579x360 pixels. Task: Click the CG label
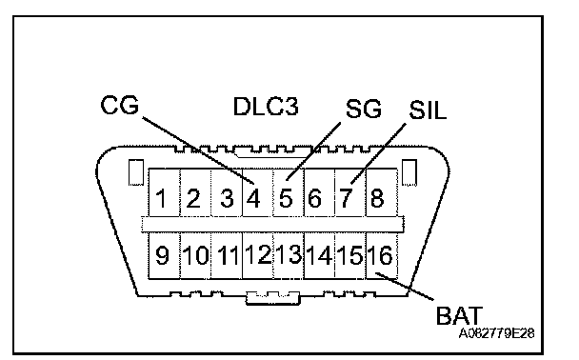pyautogui.click(x=120, y=105)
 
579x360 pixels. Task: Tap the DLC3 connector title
pyautogui.click(x=266, y=107)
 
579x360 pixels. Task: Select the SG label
pyautogui.click(x=364, y=109)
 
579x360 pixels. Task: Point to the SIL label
pyautogui.click(x=428, y=110)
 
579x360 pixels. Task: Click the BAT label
pyautogui.click(x=459, y=315)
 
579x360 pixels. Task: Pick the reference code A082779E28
pyautogui.click(x=496, y=333)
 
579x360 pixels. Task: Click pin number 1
pyautogui.click(x=161, y=198)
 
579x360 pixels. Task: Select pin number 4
pyautogui.click(x=253, y=198)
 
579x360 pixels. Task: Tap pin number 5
pyautogui.click(x=286, y=198)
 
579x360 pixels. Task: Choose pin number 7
pyautogui.click(x=346, y=198)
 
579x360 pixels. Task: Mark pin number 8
pyautogui.click(x=377, y=198)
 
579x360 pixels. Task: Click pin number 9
pyautogui.click(x=162, y=255)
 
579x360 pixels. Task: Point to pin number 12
pyautogui.click(x=258, y=254)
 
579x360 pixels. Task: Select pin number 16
pyautogui.click(x=380, y=255)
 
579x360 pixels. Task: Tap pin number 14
pyautogui.click(x=319, y=255)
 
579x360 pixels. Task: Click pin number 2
pyautogui.click(x=193, y=198)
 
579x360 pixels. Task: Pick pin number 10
pyautogui.click(x=196, y=255)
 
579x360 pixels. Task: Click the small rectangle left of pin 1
pyautogui.click(x=136, y=172)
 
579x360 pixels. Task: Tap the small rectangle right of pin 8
pyautogui.click(x=409, y=172)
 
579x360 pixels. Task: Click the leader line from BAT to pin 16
pyautogui.click(x=405, y=286)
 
